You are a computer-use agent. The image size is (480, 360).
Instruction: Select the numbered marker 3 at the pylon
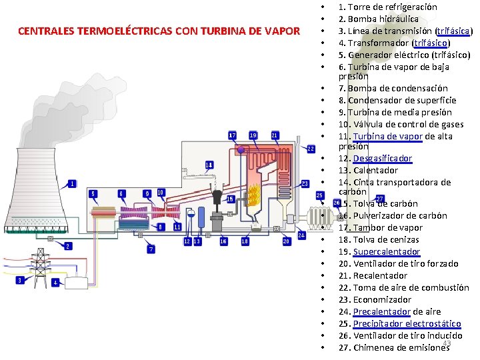(x=20, y=280)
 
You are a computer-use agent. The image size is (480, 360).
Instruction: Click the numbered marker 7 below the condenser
(x=151, y=249)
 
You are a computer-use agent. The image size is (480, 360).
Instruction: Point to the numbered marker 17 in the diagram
(x=232, y=135)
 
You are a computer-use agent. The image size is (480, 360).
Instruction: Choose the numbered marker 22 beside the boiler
(x=311, y=148)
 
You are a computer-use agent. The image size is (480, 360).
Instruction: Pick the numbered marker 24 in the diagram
(x=301, y=235)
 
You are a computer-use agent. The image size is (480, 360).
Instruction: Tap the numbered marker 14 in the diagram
(x=209, y=164)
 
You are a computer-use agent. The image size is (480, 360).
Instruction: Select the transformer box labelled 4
(x=75, y=283)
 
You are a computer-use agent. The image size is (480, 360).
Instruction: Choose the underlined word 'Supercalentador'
(x=386, y=252)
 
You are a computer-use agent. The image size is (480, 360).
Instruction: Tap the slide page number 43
(x=447, y=343)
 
